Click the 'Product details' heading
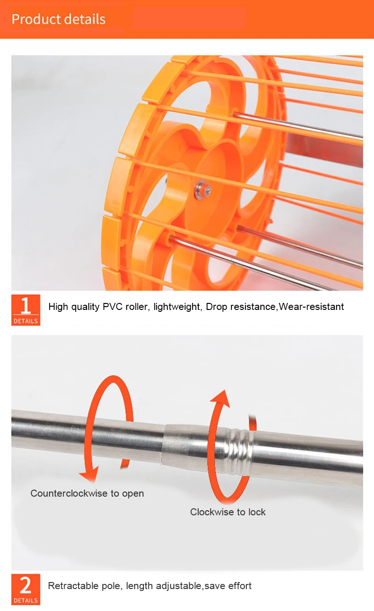[x=58, y=19]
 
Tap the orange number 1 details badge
[x=26, y=310]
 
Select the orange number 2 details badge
[x=26, y=589]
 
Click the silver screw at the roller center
[x=202, y=190]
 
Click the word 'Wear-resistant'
[x=311, y=307]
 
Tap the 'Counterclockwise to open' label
[x=87, y=493]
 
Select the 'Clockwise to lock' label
[x=228, y=512]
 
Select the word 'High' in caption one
[x=58, y=307]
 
